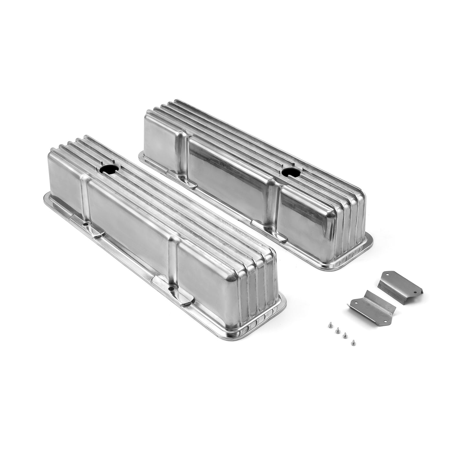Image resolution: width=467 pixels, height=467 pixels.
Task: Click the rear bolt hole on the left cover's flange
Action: (85, 224)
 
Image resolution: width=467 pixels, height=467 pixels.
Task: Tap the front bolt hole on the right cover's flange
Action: (268, 228)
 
